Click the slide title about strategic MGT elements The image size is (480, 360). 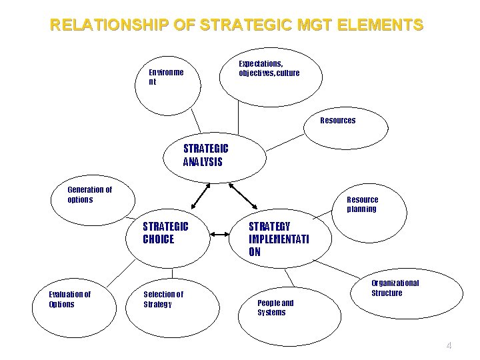(237, 25)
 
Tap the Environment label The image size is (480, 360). (166, 76)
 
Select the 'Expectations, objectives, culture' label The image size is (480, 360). (269, 68)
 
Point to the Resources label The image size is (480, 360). (338, 121)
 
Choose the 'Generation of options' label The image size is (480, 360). (90, 195)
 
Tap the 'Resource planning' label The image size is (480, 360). (362, 204)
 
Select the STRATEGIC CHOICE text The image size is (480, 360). (165, 233)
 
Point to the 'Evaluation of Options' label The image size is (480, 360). (70, 299)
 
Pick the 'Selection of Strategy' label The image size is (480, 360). (163, 299)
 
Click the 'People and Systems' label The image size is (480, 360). (275, 307)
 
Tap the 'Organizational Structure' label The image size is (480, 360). (395, 288)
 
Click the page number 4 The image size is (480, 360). (449, 345)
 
